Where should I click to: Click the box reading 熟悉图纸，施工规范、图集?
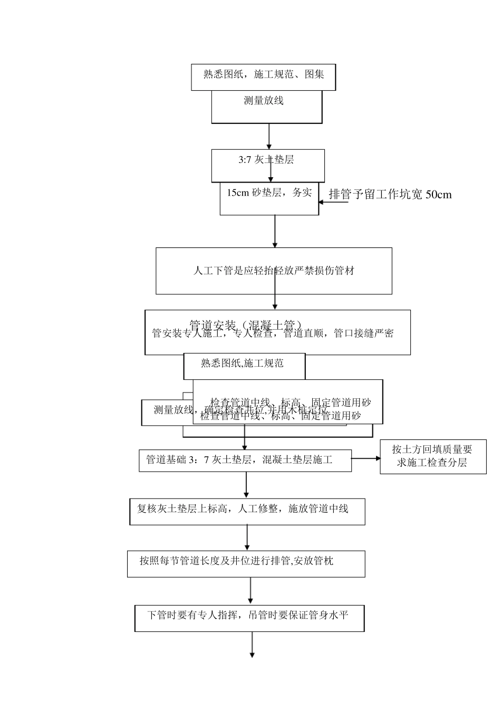[263, 75]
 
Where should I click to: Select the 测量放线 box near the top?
[266, 107]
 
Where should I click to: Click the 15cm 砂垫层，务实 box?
[269, 199]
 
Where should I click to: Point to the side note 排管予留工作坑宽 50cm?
[390, 194]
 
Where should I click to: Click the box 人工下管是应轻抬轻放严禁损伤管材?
[274, 271]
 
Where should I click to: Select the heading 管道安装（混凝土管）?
[246, 324]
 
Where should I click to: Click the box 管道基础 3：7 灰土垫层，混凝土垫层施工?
[245, 460]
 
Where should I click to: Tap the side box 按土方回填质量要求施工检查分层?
[432, 457]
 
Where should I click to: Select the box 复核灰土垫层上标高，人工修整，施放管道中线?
[247, 510]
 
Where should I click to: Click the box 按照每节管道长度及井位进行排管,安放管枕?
[246, 563]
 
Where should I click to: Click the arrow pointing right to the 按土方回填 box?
[365, 458]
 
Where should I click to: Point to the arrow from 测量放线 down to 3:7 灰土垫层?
[269, 137]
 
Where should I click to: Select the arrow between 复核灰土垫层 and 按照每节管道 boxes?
[247, 538]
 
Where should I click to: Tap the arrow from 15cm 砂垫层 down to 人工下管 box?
[275, 231]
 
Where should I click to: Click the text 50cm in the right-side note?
[438, 194]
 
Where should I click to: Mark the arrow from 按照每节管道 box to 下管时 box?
[250, 591]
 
